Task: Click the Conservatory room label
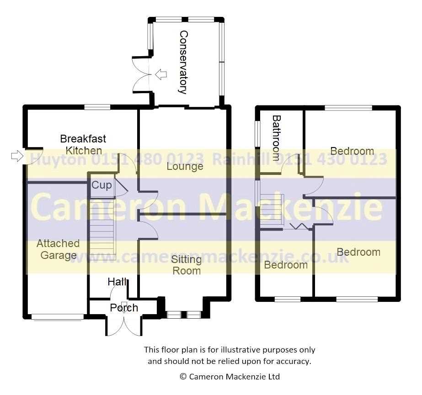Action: (183, 62)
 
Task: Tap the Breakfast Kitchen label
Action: (83, 145)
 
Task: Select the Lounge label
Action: (185, 166)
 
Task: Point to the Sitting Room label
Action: (187, 265)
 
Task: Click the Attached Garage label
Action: (58, 249)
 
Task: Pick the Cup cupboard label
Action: (101, 185)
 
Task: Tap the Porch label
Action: (124, 308)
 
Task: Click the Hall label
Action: (117, 282)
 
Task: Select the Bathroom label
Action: (277, 138)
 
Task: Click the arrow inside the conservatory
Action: (161, 74)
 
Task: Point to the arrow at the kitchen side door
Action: (17, 156)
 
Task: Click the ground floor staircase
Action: (102, 229)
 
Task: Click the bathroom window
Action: (257, 134)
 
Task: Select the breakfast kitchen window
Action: (97, 107)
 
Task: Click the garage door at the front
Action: (57, 317)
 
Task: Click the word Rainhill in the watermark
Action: (240, 159)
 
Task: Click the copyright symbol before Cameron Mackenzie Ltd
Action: (183, 377)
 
